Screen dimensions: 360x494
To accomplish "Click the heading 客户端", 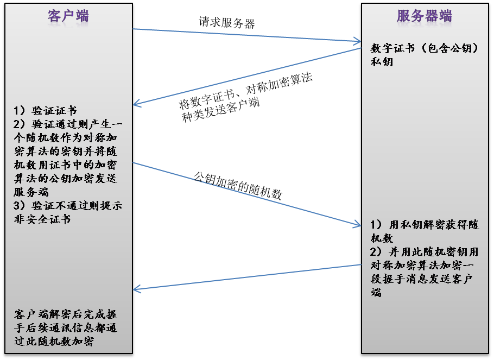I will [68, 16].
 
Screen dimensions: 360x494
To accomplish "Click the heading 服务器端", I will [424, 16].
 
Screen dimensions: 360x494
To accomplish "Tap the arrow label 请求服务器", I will [226, 23].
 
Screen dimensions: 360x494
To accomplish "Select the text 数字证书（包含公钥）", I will [424, 48].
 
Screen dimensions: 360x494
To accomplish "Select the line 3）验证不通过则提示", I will [68, 206].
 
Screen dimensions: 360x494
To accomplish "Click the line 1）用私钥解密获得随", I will [424, 225].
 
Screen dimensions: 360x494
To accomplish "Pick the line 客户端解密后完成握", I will [66, 315].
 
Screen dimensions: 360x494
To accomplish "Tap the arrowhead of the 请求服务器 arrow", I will [358, 41].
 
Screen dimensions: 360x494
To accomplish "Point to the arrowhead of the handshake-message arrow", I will [136, 290].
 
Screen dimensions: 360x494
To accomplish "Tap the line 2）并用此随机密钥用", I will [424, 252].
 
